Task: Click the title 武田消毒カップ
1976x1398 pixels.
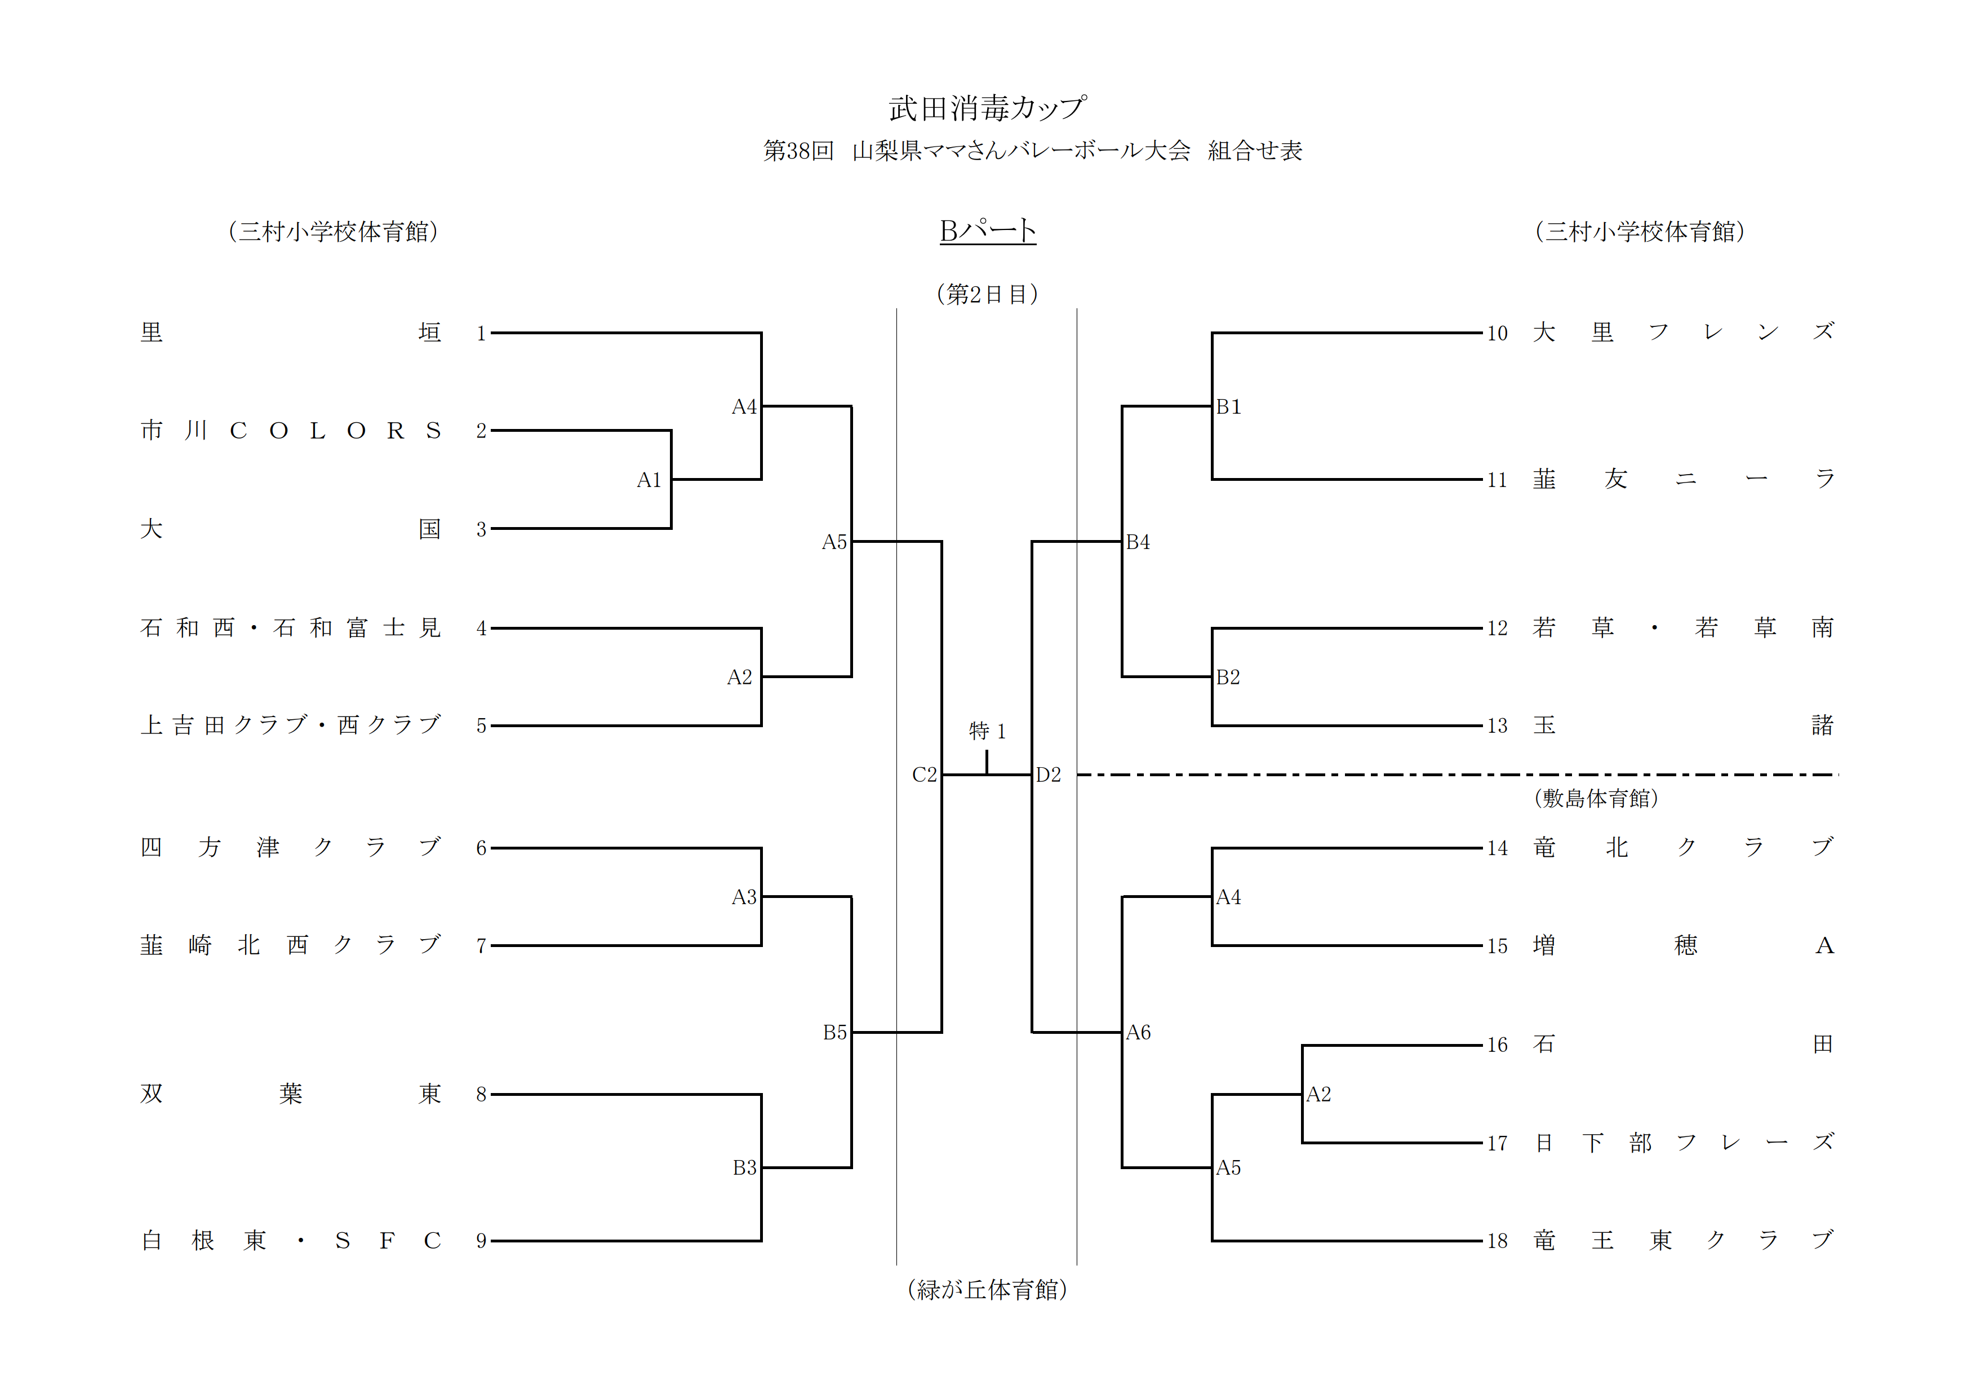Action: (x=987, y=108)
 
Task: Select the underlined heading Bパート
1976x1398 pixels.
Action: (x=987, y=231)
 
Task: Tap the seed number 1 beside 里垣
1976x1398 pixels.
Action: (x=481, y=333)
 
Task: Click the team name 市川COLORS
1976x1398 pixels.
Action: (x=291, y=431)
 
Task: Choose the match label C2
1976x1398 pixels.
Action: (x=923, y=775)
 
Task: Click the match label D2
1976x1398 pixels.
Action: (x=1048, y=775)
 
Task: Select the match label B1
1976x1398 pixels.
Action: (x=1228, y=406)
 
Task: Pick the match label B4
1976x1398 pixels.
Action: (x=1138, y=542)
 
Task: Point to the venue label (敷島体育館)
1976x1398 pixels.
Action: (x=1596, y=798)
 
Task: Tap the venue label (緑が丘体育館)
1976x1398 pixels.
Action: (x=987, y=1289)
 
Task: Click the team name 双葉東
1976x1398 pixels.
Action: (x=291, y=1094)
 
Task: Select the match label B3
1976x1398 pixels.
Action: (x=744, y=1167)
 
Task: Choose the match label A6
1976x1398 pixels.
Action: (x=1138, y=1032)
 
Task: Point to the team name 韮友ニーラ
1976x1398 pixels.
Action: (x=1684, y=479)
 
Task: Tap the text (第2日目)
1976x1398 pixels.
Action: (x=987, y=294)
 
